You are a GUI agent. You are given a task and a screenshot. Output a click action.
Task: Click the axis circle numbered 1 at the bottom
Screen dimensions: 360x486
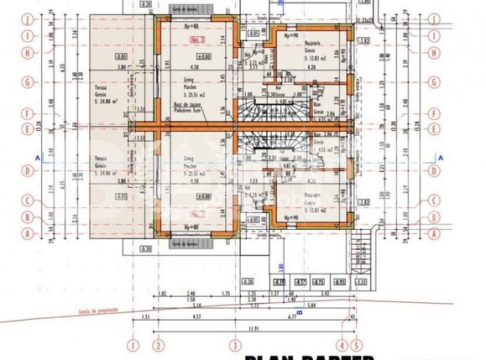pyautogui.click(x=132, y=344)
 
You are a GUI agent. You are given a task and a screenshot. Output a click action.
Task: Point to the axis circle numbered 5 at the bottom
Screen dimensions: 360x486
pyautogui.click(x=356, y=344)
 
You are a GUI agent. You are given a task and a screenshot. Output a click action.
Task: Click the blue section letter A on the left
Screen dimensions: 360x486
pyautogui.click(x=38, y=157)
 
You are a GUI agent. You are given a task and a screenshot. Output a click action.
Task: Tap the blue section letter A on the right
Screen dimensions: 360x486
pyautogui.click(x=441, y=157)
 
